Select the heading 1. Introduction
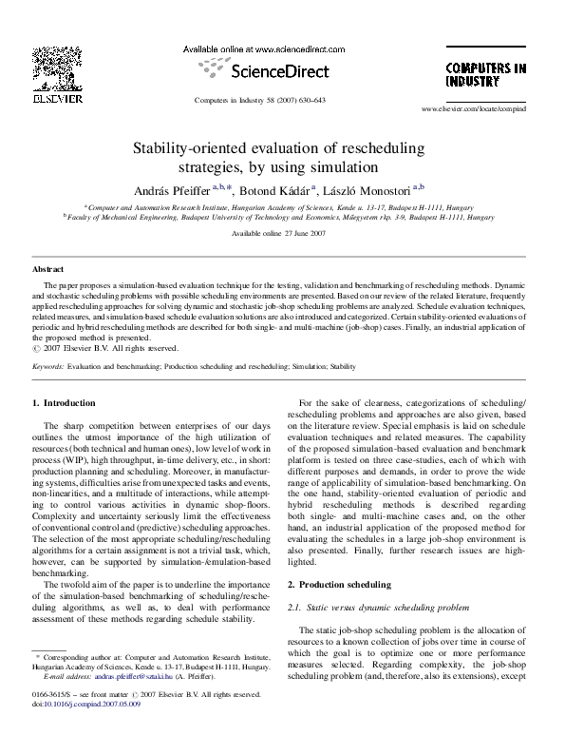point(64,403)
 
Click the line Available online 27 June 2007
point(282,232)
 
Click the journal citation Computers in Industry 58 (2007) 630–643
point(259,99)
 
